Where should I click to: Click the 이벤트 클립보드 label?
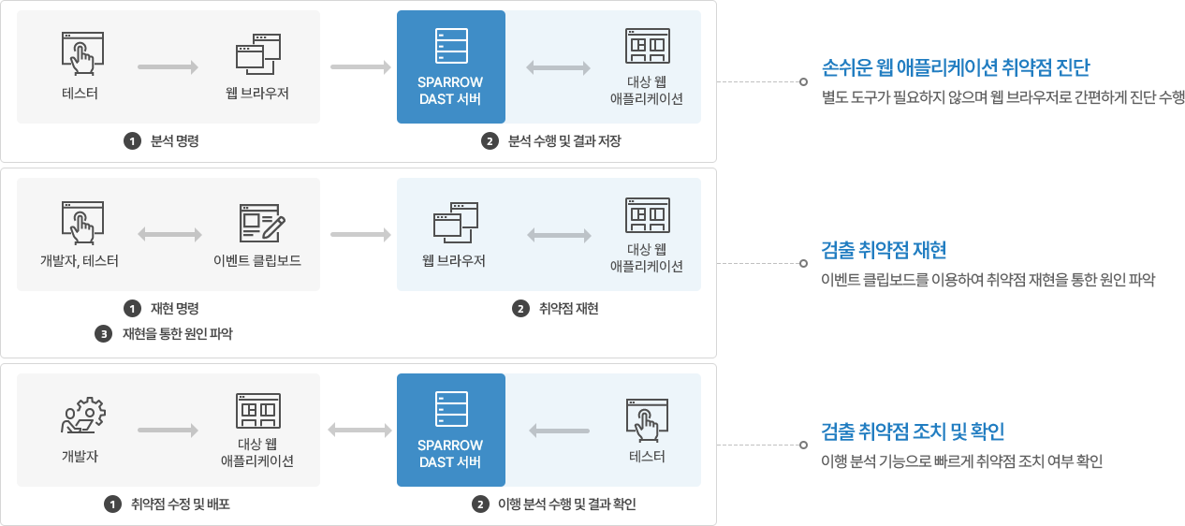point(257,261)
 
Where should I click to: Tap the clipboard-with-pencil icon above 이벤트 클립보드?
point(261,223)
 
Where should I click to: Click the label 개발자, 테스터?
point(80,261)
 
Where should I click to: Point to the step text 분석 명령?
point(175,141)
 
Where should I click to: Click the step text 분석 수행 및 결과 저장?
point(564,141)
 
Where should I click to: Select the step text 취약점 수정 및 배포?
point(181,504)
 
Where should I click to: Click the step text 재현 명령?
point(175,308)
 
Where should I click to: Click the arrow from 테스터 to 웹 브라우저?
point(168,67)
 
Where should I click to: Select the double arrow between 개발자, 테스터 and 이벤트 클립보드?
point(169,234)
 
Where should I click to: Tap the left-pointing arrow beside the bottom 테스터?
point(560,431)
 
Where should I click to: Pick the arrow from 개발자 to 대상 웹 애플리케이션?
point(168,431)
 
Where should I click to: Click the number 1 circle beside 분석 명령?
point(132,141)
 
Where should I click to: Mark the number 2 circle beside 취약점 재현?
point(520,308)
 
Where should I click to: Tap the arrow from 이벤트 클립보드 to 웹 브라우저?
point(360,234)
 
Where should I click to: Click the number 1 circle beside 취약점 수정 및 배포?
point(112,504)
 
